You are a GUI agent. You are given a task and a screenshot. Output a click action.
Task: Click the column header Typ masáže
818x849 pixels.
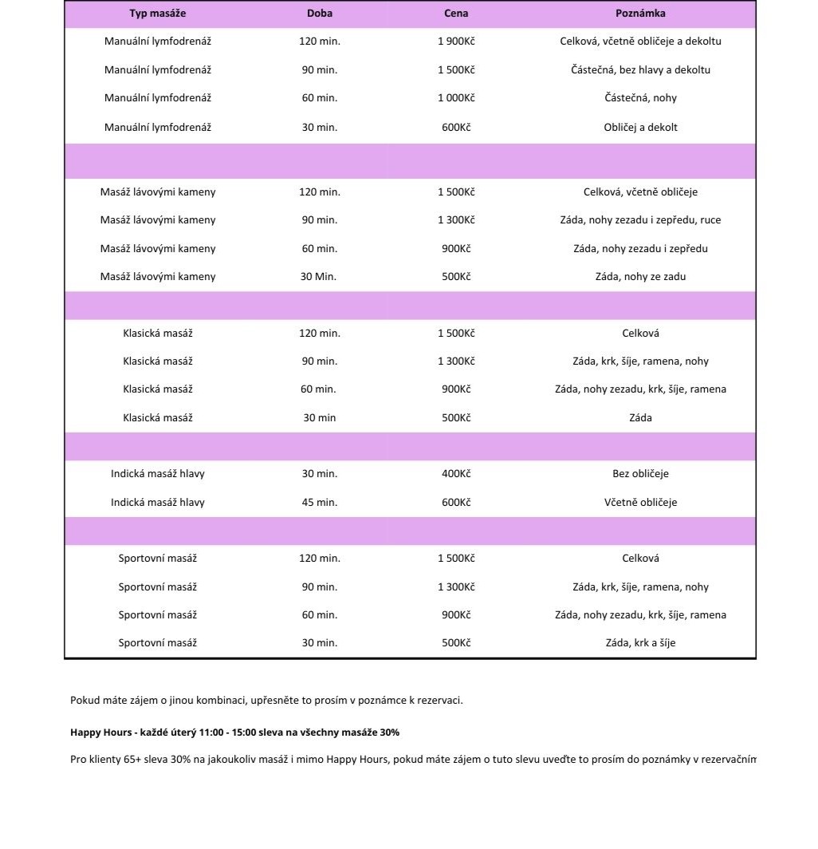click(x=158, y=14)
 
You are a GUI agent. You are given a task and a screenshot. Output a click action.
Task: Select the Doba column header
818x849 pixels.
click(x=320, y=14)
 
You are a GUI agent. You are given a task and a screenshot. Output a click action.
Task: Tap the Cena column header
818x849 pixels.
click(x=456, y=14)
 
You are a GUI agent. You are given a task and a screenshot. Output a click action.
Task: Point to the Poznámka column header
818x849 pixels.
click(x=640, y=14)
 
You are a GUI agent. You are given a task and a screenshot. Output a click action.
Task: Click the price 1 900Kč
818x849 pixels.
click(x=456, y=41)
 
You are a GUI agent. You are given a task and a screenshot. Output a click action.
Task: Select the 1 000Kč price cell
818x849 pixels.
click(x=456, y=98)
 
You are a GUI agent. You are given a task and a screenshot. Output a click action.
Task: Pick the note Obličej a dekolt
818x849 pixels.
click(x=640, y=127)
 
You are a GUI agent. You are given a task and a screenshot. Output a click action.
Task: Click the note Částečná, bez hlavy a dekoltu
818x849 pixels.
click(x=640, y=70)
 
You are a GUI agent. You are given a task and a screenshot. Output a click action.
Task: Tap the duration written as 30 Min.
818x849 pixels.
click(x=319, y=277)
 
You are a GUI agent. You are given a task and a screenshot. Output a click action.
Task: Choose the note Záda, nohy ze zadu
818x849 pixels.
click(x=640, y=277)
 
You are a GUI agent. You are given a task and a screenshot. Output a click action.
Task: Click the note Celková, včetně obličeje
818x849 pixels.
click(x=640, y=192)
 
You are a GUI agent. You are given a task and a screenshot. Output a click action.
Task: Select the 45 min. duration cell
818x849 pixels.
click(x=319, y=503)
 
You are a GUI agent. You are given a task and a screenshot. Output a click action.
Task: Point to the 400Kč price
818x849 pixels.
click(x=456, y=474)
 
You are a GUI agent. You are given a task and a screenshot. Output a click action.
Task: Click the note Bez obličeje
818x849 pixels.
click(x=640, y=474)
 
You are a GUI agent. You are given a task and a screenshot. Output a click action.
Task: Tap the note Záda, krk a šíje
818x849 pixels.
click(x=640, y=643)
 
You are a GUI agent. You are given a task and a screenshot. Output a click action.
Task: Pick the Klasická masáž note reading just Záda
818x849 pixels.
click(x=640, y=418)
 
